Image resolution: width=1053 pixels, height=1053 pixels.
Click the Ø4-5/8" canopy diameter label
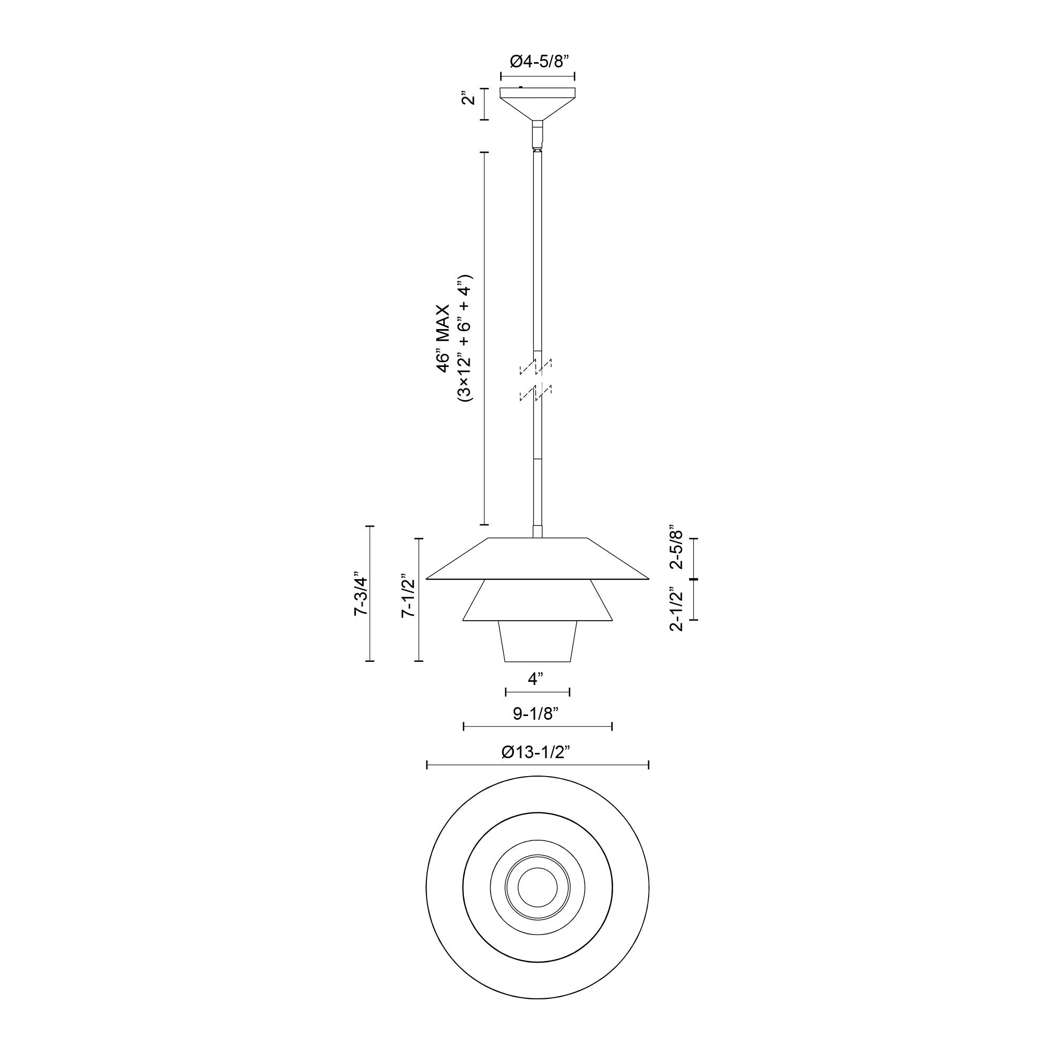click(x=538, y=62)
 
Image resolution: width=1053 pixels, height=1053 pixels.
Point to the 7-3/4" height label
click(x=361, y=594)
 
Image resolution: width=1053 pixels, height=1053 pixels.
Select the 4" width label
click(x=537, y=679)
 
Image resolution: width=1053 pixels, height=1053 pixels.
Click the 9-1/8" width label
click(x=537, y=713)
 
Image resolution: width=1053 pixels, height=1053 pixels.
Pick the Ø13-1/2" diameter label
click(x=537, y=753)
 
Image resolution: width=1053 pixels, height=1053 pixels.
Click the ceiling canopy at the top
click(x=538, y=101)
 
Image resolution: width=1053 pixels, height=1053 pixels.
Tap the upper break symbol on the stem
click(x=537, y=366)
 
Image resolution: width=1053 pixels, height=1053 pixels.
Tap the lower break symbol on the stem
click(x=537, y=393)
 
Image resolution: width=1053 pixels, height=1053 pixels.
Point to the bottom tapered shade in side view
click(x=538, y=641)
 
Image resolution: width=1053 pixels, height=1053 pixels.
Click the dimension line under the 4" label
click(x=538, y=692)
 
